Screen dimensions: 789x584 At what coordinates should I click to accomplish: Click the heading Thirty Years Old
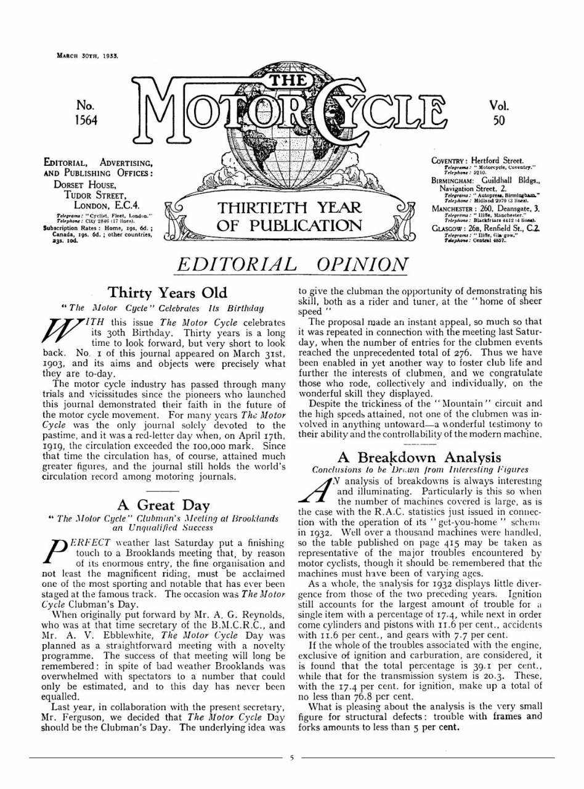167,293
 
